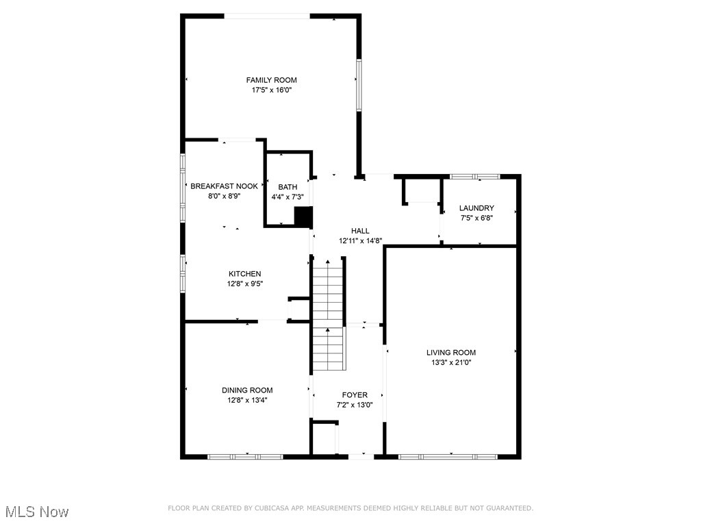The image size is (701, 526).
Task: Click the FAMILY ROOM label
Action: pyautogui.click(x=272, y=80)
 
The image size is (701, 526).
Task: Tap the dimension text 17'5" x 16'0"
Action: pyautogui.click(x=272, y=90)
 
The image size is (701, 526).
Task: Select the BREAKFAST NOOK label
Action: pyautogui.click(x=224, y=186)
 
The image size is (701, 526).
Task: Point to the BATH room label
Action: pyautogui.click(x=288, y=187)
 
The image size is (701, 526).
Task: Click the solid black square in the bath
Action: pyautogui.click(x=303, y=216)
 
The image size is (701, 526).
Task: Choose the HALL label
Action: pyautogui.click(x=360, y=231)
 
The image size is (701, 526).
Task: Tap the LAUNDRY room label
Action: pyautogui.click(x=476, y=208)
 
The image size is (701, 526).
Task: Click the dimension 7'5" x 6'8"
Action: pyautogui.click(x=476, y=218)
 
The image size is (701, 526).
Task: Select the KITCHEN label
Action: pyautogui.click(x=244, y=274)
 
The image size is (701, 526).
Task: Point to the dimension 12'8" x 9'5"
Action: pyautogui.click(x=244, y=284)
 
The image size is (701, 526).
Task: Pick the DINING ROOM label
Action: pyautogui.click(x=246, y=390)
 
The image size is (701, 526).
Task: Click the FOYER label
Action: pyautogui.click(x=355, y=395)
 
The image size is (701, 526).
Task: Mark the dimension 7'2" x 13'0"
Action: pyautogui.click(x=355, y=405)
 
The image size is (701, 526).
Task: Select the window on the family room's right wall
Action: pyautogui.click(x=358, y=84)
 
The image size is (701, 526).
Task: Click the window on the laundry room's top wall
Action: pyautogui.click(x=474, y=177)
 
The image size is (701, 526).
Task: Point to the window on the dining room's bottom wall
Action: pyautogui.click(x=245, y=456)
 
